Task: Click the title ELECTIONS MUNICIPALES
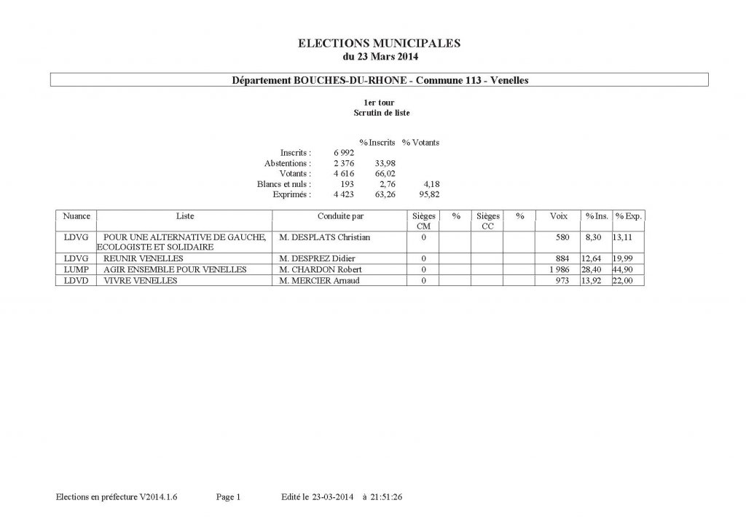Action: pyautogui.click(x=380, y=44)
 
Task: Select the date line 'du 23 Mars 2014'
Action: pyautogui.click(x=380, y=56)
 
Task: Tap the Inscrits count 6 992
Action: pyautogui.click(x=344, y=153)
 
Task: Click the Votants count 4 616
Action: pyautogui.click(x=344, y=173)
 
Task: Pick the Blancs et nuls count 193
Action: pyautogui.click(x=348, y=184)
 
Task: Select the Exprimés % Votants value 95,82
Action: pyautogui.click(x=429, y=194)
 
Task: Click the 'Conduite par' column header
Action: pyautogui.click(x=340, y=216)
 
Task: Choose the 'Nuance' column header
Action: pyautogui.click(x=76, y=216)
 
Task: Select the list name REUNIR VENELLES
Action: pyautogui.click(x=144, y=258)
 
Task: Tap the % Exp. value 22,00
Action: pyautogui.click(x=629, y=280)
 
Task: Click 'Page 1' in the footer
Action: pyautogui.click(x=228, y=497)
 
